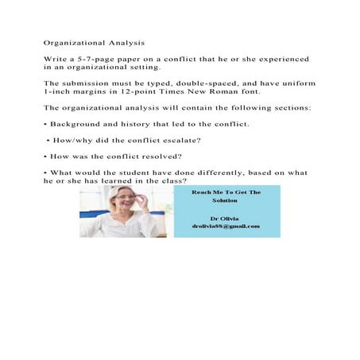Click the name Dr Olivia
(225, 217)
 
